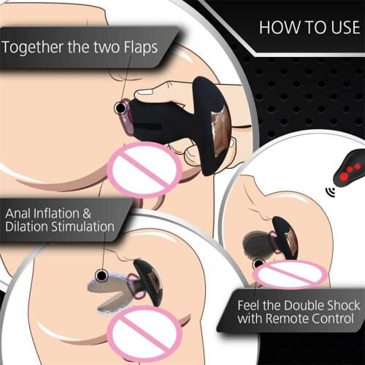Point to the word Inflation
pos(61,213)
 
